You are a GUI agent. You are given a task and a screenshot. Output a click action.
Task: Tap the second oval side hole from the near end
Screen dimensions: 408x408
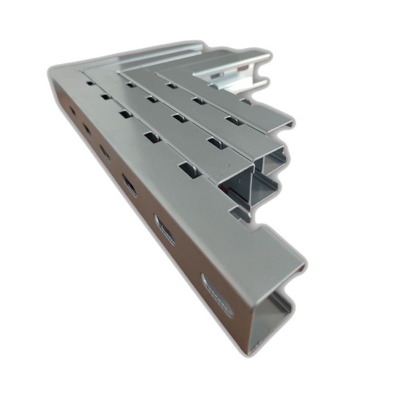(x=165, y=229)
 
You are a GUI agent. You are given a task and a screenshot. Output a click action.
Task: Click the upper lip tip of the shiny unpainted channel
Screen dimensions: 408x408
(x=268, y=57)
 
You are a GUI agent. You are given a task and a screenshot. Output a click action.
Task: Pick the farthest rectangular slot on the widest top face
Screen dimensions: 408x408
(x=90, y=84)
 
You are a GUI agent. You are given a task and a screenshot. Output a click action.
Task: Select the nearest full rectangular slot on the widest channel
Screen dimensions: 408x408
(x=189, y=169)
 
